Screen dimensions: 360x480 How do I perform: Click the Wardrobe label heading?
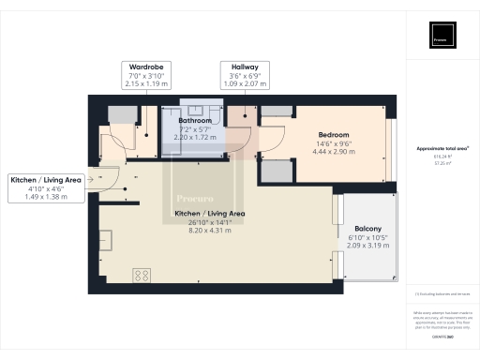pyautogui.click(x=146, y=67)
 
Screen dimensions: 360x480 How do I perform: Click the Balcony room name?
pyautogui.click(x=367, y=228)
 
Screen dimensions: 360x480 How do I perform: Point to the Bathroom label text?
pyautogui.click(x=194, y=121)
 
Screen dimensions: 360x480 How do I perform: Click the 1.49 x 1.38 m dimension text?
pyautogui.click(x=46, y=198)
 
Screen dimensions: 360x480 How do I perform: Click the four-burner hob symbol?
pyautogui.click(x=143, y=276)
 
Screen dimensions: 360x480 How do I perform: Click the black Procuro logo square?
pyautogui.click(x=444, y=35)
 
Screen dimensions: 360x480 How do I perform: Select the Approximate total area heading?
pyautogui.click(x=442, y=149)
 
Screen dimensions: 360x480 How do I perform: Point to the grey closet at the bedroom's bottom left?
pyautogui.click(x=275, y=172)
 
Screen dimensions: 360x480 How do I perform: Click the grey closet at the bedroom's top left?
pyautogui.click(x=275, y=111)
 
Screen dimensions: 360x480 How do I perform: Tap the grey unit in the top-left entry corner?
pyautogui.click(x=122, y=113)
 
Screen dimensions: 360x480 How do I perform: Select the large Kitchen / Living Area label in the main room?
pyautogui.click(x=209, y=214)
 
